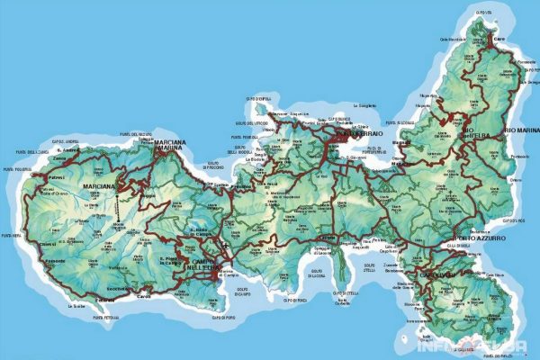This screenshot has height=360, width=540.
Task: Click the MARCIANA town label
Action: [x=100, y=187]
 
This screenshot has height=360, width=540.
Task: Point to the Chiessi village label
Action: [x=46, y=242]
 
